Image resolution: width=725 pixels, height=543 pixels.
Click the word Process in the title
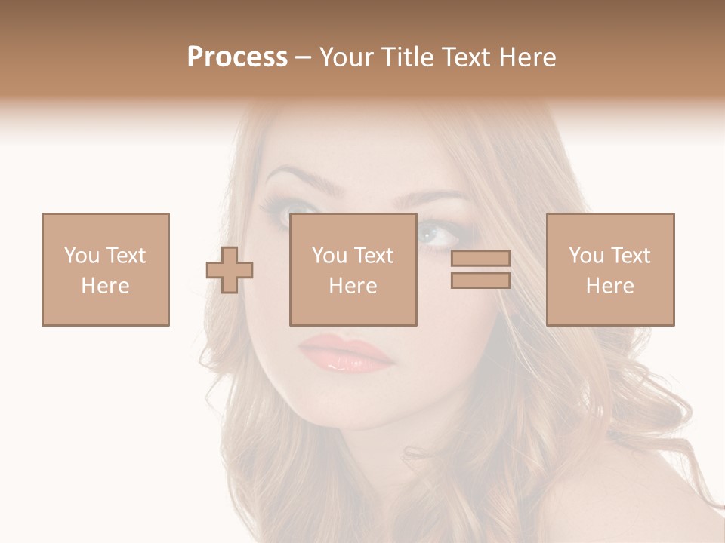tap(237, 57)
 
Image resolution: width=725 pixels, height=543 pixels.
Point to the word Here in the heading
tap(526, 57)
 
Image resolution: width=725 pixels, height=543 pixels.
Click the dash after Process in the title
tap(303, 58)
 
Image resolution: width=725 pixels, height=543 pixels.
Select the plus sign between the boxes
tap(230, 269)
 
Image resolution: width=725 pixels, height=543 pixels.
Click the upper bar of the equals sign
tap(480, 259)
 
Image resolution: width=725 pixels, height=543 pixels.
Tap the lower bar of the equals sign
tap(480, 280)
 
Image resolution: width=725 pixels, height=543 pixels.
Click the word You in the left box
tap(81, 256)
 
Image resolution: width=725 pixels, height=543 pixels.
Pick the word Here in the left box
tap(105, 286)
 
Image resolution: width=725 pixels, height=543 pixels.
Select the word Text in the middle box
tap(373, 256)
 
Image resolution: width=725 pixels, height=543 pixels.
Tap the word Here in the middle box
tap(353, 286)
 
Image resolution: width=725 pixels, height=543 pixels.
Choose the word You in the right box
tap(586, 256)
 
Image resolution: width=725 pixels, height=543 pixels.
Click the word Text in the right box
tap(630, 256)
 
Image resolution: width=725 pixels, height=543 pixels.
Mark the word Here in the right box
tap(609, 286)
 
